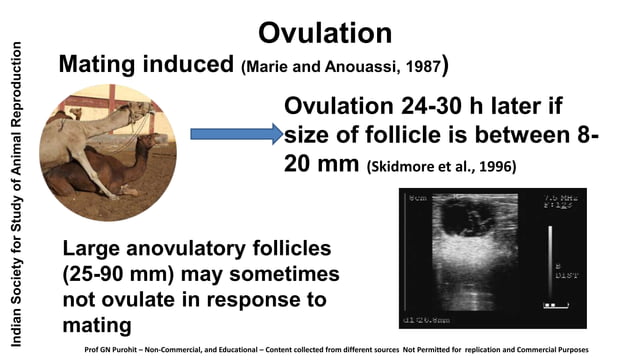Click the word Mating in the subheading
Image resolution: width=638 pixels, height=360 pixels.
click(98, 65)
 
